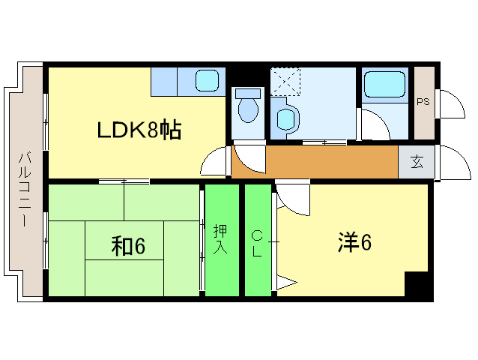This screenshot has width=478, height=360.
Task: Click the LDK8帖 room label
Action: pyautogui.click(x=139, y=130)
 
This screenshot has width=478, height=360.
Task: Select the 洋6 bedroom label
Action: pyautogui.click(x=354, y=242)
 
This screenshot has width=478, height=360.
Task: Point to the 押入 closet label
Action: pyautogui.click(x=220, y=238)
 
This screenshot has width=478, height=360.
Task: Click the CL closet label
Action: pyautogui.click(x=256, y=242)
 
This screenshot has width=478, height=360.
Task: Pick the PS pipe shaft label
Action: pyautogui.click(x=423, y=101)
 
